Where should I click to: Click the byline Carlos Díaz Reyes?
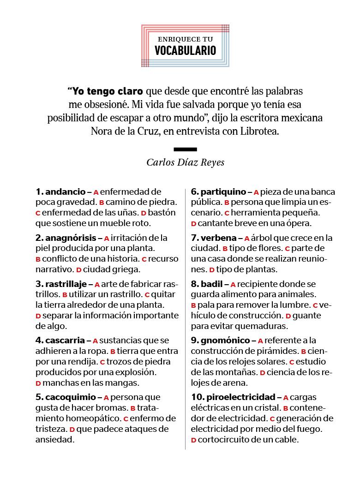click(x=186, y=162)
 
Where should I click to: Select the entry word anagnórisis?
click(x=71, y=238)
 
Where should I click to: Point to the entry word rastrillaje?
click(x=66, y=284)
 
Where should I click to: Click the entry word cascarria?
click(x=65, y=341)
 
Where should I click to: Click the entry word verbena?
click(x=217, y=238)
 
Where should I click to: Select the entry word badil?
click(x=212, y=284)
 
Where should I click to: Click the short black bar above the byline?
click(x=186, y=149)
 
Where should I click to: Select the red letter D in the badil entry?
click(x=288, y=316)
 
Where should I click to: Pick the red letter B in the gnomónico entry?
click(x=304, y=352)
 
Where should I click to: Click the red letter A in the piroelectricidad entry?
click(x=286, y=398)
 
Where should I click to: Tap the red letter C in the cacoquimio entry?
click(x=126, y=419)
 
